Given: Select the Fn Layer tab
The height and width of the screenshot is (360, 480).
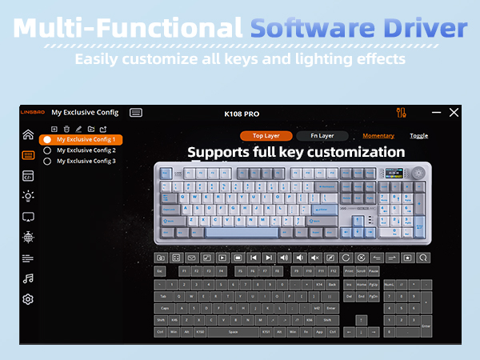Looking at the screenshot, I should click(322, 136).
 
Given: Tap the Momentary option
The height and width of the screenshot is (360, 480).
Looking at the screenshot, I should click(378, 136).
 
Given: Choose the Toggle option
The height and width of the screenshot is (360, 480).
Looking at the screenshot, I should click(419, 136).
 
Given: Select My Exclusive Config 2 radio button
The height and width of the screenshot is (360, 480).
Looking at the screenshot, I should click(47, 150).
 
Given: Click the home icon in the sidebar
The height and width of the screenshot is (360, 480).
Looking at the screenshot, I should click(28, 134).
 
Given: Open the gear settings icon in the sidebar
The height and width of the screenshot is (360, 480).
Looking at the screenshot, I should click(28, 299).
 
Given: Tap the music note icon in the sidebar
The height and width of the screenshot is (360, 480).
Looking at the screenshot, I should click(28, 278).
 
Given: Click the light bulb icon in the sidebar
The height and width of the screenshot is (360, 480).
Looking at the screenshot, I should click(28, 196).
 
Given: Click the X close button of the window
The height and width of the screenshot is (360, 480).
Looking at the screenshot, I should click(454, 113).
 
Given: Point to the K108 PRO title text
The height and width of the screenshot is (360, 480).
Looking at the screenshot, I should click(242, 114).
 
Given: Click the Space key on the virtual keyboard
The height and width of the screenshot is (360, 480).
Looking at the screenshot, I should click(234, 332).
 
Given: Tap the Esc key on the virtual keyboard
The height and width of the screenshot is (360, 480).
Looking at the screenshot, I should click(159, 271).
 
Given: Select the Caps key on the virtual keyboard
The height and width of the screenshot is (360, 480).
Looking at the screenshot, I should click(165, 308).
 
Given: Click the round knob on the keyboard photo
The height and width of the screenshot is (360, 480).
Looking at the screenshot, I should click(417, 172).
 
